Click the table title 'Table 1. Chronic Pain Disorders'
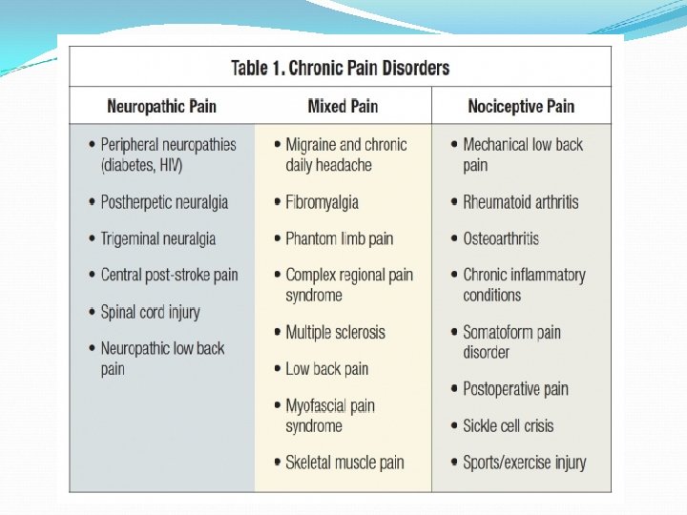pos(340,68)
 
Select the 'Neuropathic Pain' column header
pos(161,106)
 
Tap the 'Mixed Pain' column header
pos(343,106)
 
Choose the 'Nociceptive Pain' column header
pos(521,106)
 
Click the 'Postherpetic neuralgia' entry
pos(164,202)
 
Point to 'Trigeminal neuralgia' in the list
pos(158,238)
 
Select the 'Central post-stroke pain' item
pos(169,275)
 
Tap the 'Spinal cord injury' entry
pos(150,312)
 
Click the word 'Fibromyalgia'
pos(322,202)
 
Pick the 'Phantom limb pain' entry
pos(339,238)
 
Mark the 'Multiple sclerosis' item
pos(335,332)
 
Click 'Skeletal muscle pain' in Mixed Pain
pos(344,463)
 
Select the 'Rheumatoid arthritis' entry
pos(520,202)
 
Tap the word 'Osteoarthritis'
pos(500,238)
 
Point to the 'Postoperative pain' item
pos(515,388)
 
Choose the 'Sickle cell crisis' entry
pos(508,425)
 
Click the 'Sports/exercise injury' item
pos(524,463)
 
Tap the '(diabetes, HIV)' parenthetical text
pos(141,165)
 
